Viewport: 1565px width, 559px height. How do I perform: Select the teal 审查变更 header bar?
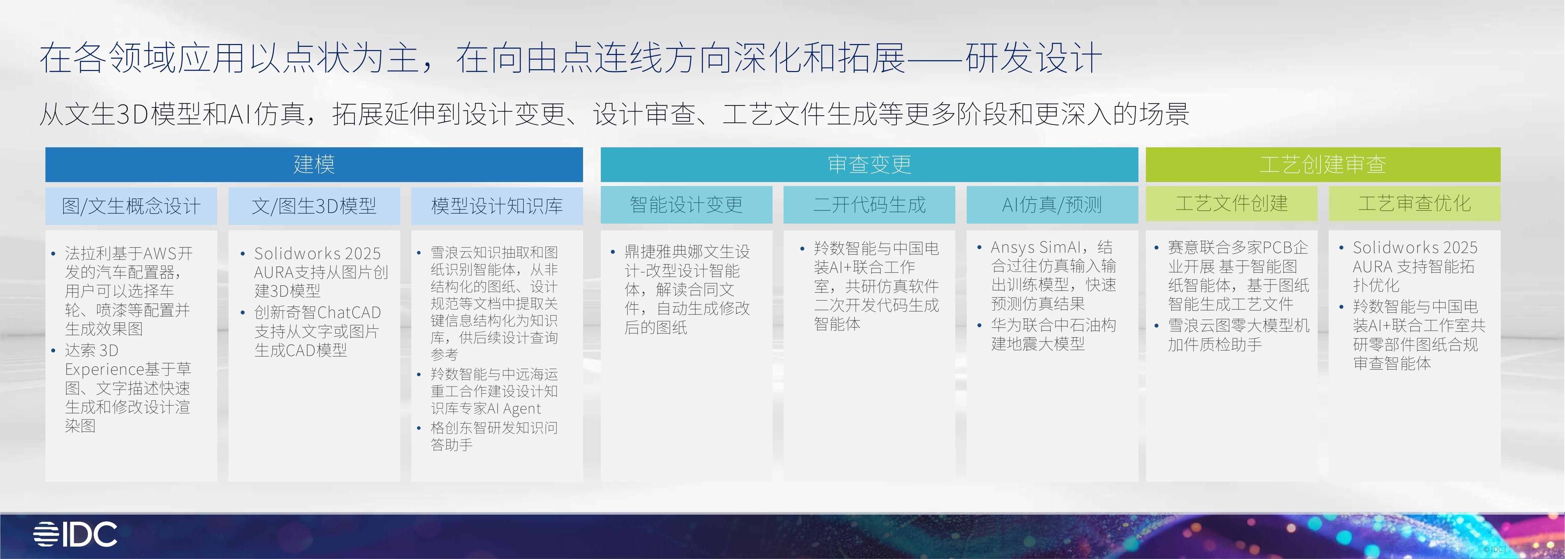tap(869, 164)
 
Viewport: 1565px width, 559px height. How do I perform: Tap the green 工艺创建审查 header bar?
tap(1323, 164)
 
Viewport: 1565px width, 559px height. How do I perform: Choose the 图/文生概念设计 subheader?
tap(131, 206)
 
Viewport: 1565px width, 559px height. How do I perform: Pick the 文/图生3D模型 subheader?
tap(314, 206)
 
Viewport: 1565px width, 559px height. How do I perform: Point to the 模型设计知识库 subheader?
tap(497, 206)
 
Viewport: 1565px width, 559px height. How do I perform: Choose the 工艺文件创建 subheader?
tap(1231, 204)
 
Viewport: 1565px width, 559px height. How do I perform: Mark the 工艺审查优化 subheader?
tap(1414, 204)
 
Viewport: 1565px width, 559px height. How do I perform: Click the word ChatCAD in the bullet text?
tap(349, 312)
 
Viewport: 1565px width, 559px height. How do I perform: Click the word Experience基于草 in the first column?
tap(128, 369)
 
